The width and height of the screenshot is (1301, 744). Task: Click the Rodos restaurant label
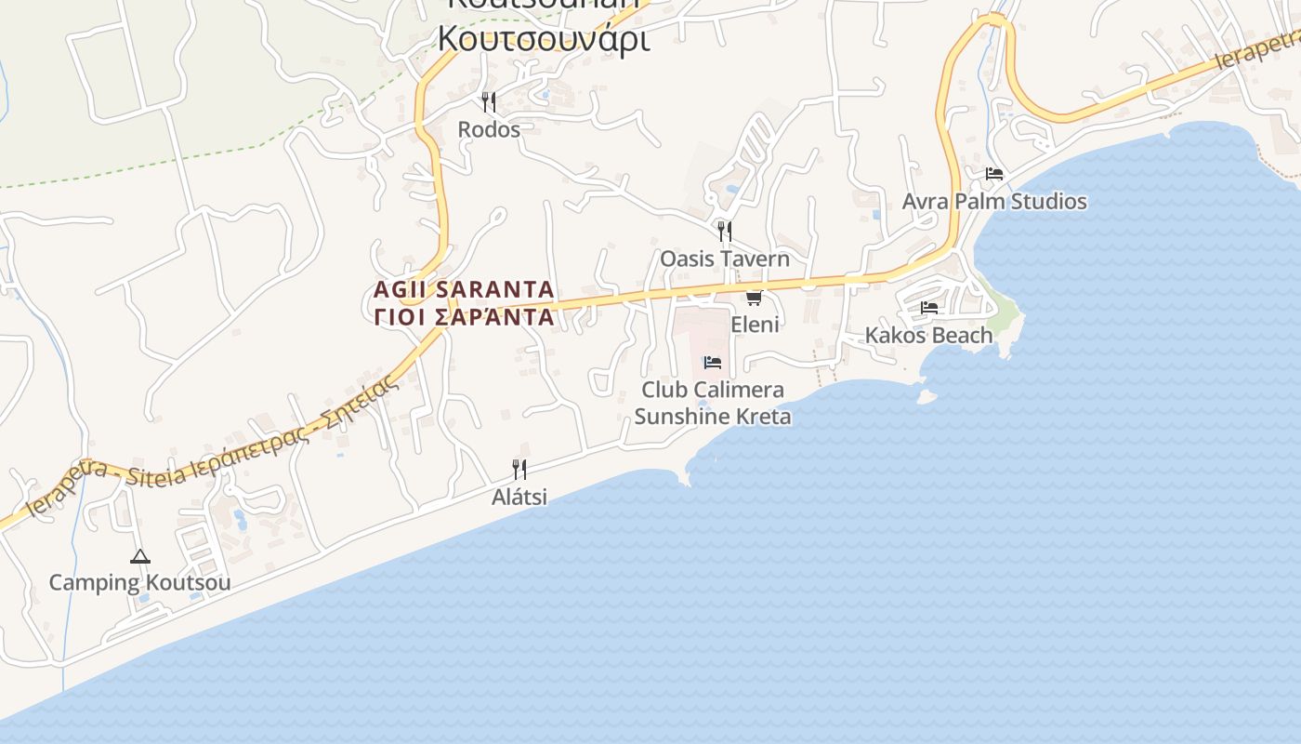(489, 129)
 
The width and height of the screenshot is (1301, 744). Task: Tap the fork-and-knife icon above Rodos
(489, 100)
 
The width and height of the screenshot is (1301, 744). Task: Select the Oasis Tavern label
(725, 259)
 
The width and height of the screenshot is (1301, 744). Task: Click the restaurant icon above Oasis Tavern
(725, 230)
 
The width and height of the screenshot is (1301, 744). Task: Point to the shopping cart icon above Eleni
(755, 298)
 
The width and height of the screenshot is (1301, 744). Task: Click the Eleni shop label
(755, 325)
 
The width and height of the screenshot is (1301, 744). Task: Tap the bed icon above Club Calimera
(713, 362)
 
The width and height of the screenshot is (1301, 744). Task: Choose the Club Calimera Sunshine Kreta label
(713, 403)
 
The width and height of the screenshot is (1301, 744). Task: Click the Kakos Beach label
(929, 335)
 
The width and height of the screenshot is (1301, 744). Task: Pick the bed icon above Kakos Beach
(929, 308)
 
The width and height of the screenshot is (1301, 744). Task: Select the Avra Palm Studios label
(994, 202)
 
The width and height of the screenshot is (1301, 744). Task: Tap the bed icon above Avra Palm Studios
(994, 174)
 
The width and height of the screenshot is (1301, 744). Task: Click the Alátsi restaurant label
(519, 498)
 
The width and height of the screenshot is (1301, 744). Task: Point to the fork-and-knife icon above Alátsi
(519, 469)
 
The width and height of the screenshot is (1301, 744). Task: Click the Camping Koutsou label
(139, 583)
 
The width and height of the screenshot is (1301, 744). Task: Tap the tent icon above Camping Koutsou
(140, 557)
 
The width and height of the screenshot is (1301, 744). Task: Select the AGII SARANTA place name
(464, 290)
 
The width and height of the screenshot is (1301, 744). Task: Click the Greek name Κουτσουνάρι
(544, 39)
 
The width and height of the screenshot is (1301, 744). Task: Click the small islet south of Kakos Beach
(926, 396)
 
